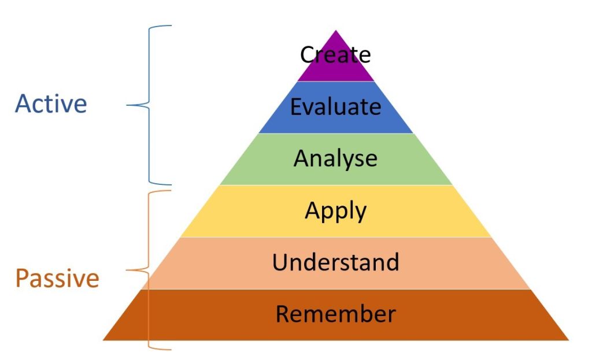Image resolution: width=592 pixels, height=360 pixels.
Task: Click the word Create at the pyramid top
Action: pyautogui.click(x=335, y=55)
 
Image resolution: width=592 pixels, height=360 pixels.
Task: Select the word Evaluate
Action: pyautogui.click(x=335, y=106)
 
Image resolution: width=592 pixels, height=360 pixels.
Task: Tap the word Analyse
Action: pyautogui.click(x=335, y=159)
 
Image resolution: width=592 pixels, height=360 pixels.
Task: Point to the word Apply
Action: pyautogui.click(x=335, y=211)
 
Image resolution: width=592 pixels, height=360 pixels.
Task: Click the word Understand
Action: pyautogui.click(x=335, y=262)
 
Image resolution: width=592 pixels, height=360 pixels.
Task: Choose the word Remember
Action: pyautogui.click(x=336, y=314)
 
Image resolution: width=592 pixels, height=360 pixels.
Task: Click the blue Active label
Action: pyautogui.click(x=51, y=103)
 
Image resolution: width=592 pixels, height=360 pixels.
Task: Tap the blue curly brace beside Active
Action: pyautogui.click(x=149, y=105)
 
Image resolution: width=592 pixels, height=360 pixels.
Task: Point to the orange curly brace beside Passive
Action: pyautogui.click(x=149, y=270)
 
